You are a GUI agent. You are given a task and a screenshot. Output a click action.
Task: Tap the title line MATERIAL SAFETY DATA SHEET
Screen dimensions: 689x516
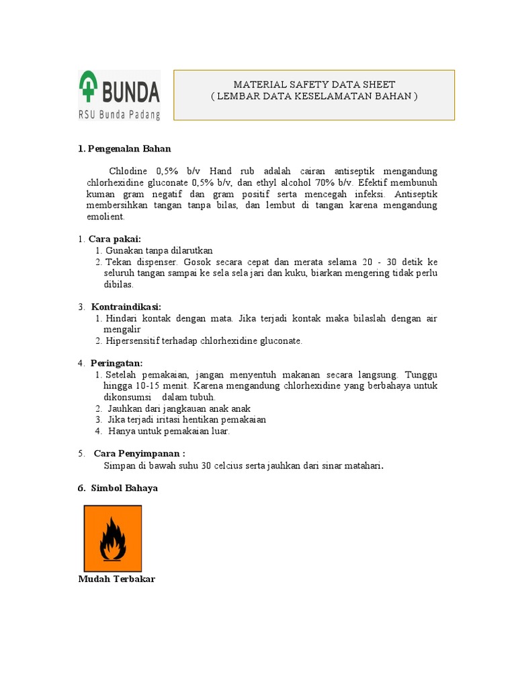pos(314,85)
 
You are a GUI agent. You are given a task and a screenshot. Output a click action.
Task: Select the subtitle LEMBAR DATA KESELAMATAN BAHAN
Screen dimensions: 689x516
pos(314,96)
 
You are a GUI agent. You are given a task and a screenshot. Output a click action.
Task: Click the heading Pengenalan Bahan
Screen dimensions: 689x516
pos(130,149)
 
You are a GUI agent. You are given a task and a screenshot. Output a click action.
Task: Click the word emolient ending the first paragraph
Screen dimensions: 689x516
pos(105,217)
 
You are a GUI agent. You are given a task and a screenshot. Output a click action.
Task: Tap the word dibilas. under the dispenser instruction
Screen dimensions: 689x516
pos(118,285)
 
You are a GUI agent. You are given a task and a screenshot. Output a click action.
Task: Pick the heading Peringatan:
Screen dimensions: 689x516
pos(117,363)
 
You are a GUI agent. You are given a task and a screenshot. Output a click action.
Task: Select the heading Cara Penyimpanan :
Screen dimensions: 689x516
pos(139,454)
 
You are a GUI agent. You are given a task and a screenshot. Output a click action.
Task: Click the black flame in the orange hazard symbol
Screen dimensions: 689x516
pos(112,540)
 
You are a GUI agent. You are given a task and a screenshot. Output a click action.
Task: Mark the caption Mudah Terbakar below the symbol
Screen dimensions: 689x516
pos(117,579)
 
